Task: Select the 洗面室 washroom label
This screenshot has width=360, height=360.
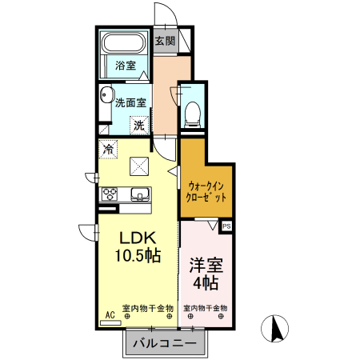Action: [x=130, y=102]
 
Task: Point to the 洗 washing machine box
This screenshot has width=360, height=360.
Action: [x=139, y=124]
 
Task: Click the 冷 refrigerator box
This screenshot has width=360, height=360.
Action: [x=107, y=148]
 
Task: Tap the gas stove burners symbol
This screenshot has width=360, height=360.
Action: [x=110, y=194]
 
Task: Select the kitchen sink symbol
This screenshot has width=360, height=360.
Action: [x=138, y=194]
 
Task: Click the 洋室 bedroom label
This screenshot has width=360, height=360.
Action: [x=206, y=264]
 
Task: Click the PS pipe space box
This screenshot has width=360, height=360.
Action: [x=226, y=226]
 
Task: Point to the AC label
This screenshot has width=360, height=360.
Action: [x=110, y=315]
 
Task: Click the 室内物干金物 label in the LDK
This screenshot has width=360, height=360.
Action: [x=148, y=308]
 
